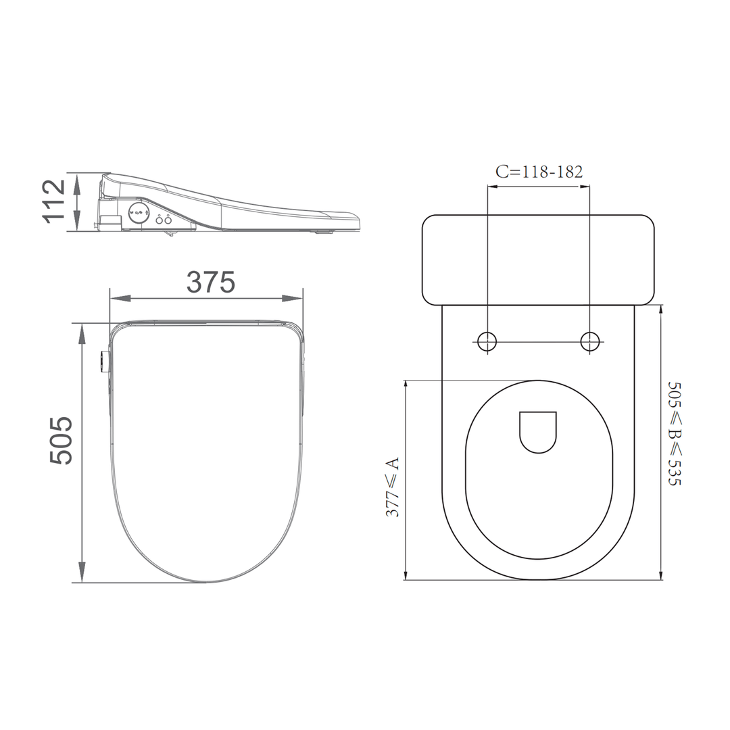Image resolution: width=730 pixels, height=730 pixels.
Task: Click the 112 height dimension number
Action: [x=55, y=201]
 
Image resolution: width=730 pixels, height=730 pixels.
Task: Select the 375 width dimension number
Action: [x=210, y=283]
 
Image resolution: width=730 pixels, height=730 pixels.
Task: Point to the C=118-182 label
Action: [x=539, y=171]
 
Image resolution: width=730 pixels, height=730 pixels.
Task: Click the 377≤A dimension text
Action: [x=393, y=487]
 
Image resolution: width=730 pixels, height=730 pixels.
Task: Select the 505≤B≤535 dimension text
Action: [x=675, y=433]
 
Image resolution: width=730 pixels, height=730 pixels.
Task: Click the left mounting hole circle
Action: [x=487, y=341]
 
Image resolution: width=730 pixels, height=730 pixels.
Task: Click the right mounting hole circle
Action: [x=591, y=341]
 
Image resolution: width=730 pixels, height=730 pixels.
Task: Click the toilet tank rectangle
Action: [x=538, y=259]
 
